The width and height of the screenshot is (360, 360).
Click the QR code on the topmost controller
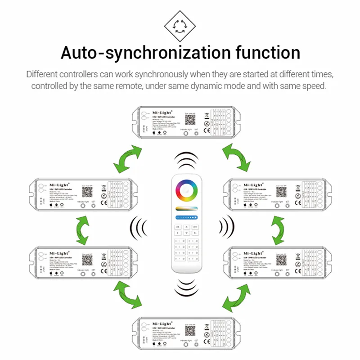point(190,119)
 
